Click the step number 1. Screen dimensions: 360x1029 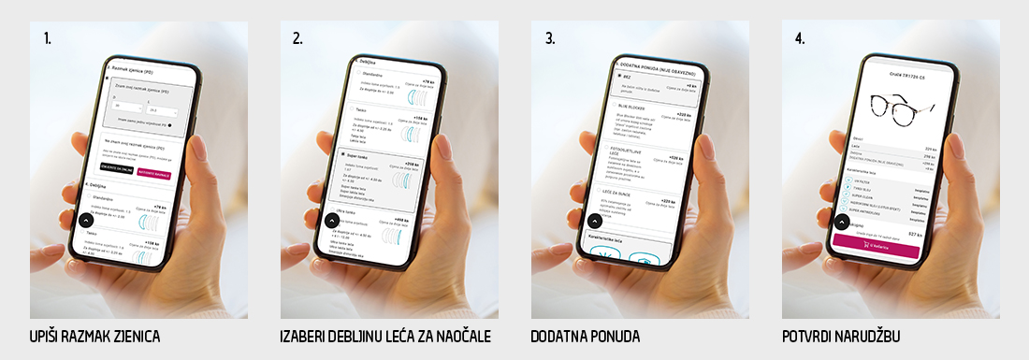(46, 38)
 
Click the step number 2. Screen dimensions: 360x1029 (297, 38)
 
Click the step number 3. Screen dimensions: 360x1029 (550, 38)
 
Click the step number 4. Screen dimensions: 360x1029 (801, 38)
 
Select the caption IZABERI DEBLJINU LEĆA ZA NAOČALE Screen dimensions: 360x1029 (385, 336)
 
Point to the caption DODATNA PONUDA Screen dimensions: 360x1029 (586, 336)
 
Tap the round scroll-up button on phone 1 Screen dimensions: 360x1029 (84, 223)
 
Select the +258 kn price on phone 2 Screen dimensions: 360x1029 (411, 164)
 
